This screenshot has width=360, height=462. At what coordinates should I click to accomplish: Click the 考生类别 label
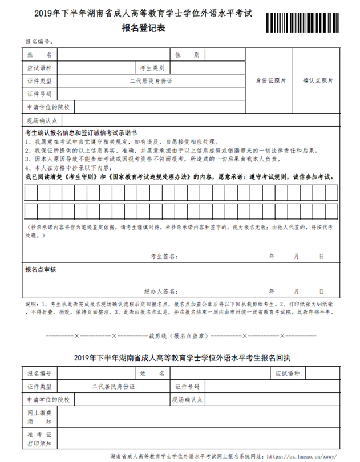tap(152, 68)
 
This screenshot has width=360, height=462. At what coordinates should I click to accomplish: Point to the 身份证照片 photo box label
tap(271, 81)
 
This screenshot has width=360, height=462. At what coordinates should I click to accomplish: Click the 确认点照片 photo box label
tap(318, 81)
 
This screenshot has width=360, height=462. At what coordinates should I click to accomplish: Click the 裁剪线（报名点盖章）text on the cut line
tap(178, 335)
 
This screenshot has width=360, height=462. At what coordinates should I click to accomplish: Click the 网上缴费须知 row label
tap(39, 416)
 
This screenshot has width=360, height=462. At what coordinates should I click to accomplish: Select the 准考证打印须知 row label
tap(39, 439)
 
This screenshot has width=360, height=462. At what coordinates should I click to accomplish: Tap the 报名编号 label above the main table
tap(39, 42)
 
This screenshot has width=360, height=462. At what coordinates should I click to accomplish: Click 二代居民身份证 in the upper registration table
tap(151, 81)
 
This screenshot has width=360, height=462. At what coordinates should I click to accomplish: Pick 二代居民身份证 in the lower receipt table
tap(114, 386)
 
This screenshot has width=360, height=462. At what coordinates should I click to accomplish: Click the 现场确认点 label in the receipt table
tap(187, 399)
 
